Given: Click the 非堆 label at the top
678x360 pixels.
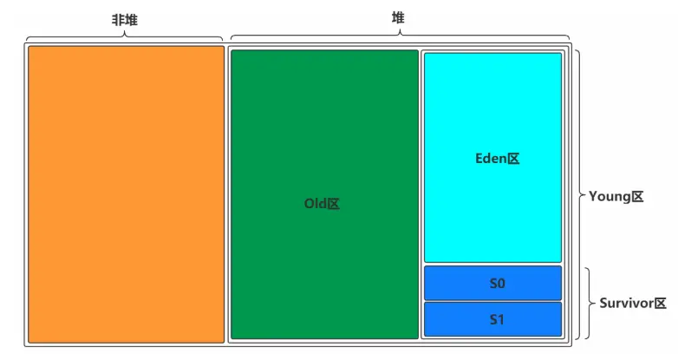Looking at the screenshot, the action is pos(125,18).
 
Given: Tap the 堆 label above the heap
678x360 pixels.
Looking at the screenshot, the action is pos(398,17).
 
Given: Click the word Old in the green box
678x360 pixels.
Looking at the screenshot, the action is pos(314,204).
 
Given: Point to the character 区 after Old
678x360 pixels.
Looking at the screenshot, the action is pos(333,204).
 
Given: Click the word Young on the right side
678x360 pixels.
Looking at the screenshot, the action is pos(608,196).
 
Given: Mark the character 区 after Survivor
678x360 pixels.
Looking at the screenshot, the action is pos(660,304).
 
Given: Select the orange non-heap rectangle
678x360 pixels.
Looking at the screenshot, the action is pos(126,193).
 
